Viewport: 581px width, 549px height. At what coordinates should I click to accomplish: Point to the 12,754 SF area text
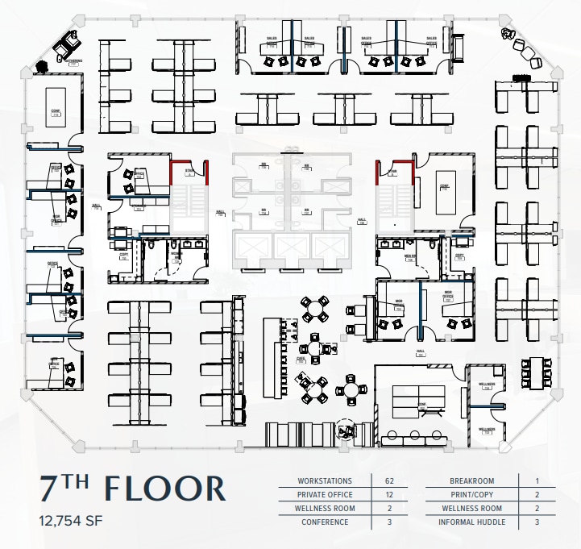click(x=71, y=520)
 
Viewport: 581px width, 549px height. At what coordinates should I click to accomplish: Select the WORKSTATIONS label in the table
click(x=324, y=481)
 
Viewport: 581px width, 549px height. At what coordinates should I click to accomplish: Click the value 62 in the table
click(x=388, y=481)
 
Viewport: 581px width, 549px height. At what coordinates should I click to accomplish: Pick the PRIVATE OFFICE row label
click(x=324, y=495)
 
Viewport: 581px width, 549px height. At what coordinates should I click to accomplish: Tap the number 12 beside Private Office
click(x=388, y=495)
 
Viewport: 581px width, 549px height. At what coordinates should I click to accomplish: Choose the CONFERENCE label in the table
click(x=324, y=522)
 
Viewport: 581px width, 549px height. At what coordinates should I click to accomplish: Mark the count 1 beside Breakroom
click(x=537, y=481)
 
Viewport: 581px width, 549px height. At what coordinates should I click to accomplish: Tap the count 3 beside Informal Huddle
click(x=537, y=522)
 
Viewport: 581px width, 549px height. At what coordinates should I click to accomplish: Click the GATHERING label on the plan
click(x=74, y=61)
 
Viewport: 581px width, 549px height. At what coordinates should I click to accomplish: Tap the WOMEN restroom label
click(x=176, y=255)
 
